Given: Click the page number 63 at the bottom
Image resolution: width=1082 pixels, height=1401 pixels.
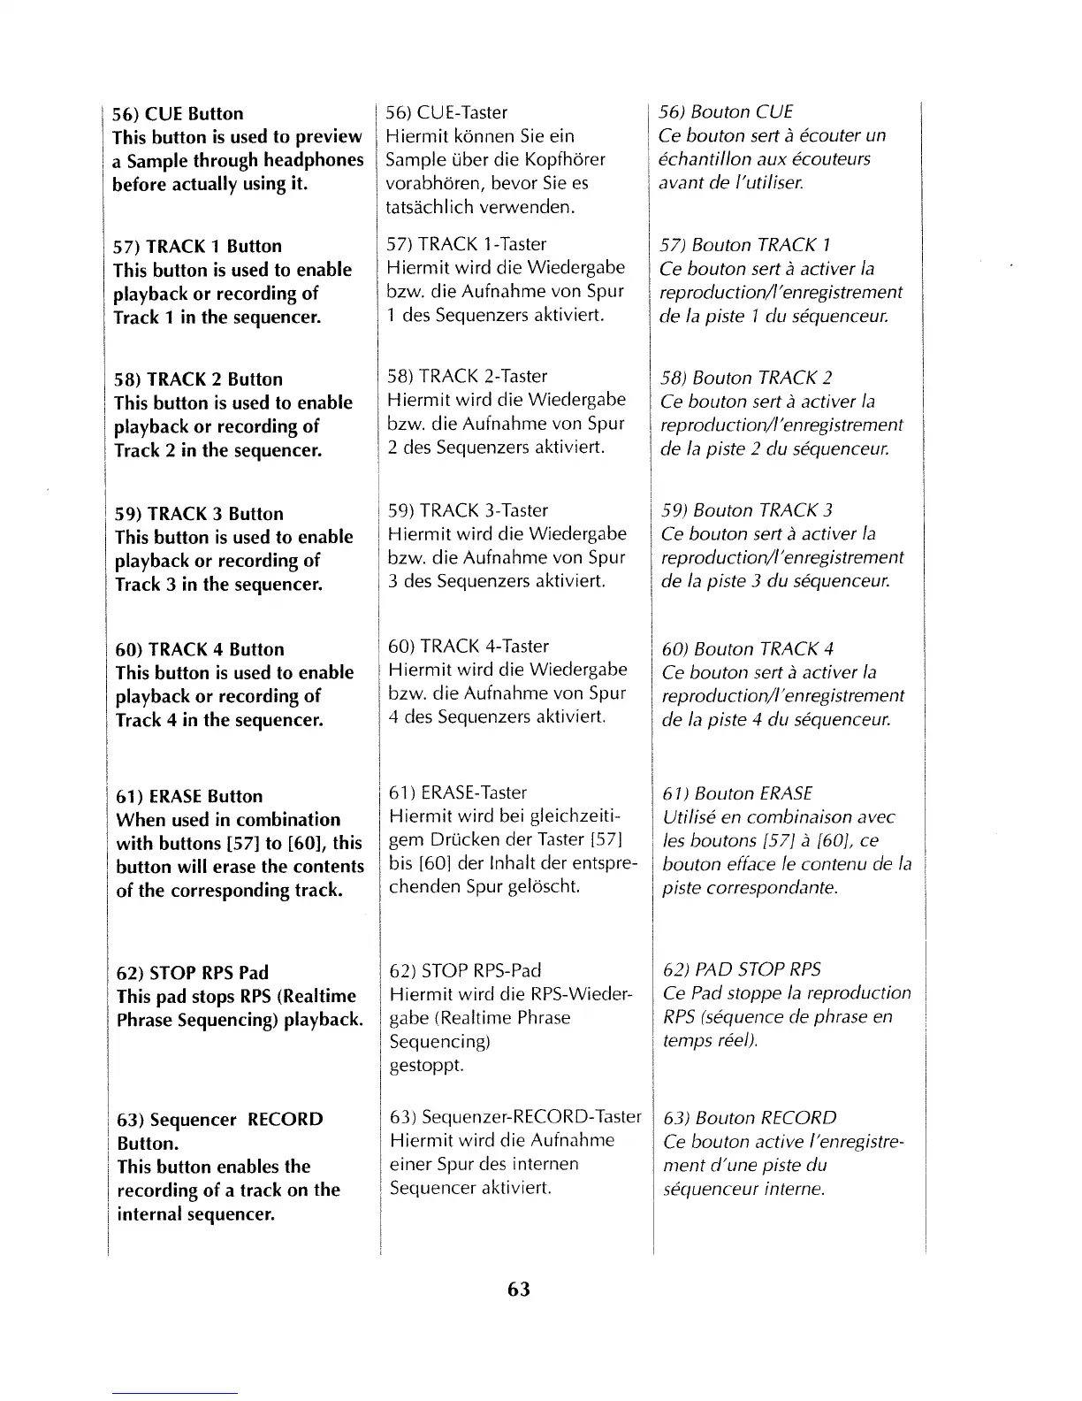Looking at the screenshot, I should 519,1289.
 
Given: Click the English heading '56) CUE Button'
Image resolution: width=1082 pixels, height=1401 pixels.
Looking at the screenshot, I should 178,113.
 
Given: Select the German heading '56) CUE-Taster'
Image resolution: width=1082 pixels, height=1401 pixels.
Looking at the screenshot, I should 446,112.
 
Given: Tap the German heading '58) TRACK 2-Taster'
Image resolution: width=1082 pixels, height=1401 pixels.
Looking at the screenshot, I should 468,376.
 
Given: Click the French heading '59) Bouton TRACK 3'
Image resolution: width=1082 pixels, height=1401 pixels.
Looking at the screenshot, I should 747,510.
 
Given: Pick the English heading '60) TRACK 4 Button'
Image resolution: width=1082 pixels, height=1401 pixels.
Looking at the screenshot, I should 200,649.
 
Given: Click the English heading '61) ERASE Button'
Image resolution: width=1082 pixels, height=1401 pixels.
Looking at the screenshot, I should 189,796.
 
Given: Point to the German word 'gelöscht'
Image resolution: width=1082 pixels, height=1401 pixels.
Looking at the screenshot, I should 543,886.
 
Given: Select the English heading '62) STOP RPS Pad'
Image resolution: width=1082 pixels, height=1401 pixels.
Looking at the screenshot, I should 193,973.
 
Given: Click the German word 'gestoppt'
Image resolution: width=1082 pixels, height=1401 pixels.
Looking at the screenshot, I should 426,1065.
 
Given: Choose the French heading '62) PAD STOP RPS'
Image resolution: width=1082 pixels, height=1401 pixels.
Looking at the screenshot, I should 742,969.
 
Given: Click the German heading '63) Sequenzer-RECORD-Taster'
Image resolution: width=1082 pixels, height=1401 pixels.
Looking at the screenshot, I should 515,1117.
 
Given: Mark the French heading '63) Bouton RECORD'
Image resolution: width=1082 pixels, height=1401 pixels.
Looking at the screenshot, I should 750,1118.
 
